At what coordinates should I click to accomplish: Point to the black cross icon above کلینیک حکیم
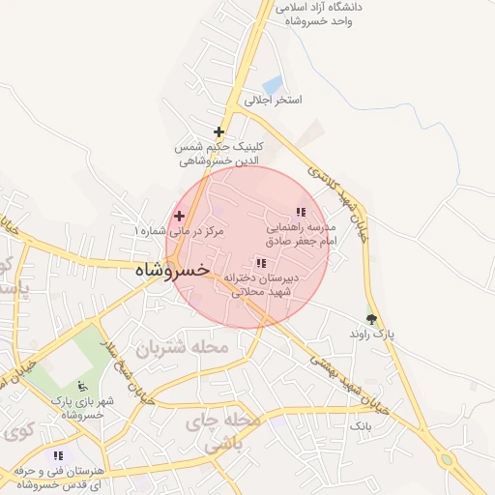pos(218,131)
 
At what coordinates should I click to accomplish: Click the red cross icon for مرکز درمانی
pos(179,215)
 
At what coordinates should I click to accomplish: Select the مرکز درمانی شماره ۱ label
pos(181,231)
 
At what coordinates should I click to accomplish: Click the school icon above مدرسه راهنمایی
pos(301,211)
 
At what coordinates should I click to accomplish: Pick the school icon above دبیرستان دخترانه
pos(260,262)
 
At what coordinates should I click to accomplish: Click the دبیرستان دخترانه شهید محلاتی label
pos(261,283)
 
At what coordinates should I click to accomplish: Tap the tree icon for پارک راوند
pos(371,318)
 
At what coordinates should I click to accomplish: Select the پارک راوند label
pos(373,335)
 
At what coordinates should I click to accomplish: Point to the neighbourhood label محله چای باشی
pos(229,434)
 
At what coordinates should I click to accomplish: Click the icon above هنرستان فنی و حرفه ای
pos(59,455)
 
